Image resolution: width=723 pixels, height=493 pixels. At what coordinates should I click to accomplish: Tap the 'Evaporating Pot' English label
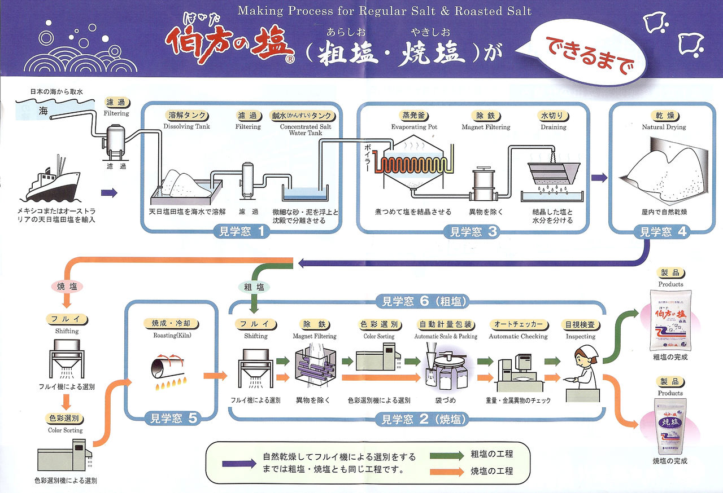click(414, 127)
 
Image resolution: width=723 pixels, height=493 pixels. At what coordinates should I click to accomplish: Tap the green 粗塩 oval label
click(254, 287)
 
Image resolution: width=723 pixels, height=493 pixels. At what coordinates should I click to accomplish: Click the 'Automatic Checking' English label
click(518, 336)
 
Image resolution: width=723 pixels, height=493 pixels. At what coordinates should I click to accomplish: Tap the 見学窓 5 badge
click(173, 418)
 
